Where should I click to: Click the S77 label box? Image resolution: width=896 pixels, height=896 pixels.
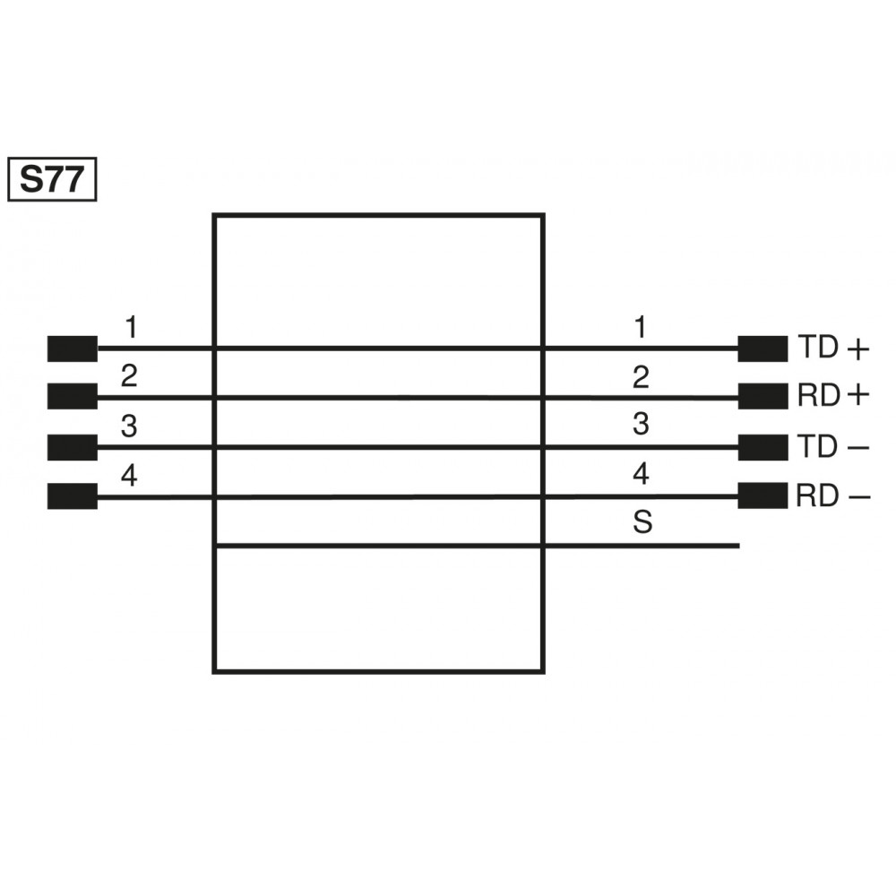point(51,179)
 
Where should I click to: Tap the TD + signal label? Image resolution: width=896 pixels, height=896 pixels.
point(833,349)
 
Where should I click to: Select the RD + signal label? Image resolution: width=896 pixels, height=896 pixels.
point(833,396)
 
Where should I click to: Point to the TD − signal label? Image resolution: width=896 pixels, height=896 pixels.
point(833,446)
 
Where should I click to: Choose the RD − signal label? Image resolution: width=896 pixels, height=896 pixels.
point(833,495)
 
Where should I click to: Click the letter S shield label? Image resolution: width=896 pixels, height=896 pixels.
point(642,523)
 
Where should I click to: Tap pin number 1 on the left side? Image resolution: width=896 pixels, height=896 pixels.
point(131,328)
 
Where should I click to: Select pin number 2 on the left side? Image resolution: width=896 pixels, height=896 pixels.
point(129,377)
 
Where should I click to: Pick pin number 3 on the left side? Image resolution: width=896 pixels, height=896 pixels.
point(129,427)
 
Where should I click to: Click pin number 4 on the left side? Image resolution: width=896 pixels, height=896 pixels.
point(129,477)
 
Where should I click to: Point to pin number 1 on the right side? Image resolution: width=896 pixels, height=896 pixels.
point(640,328)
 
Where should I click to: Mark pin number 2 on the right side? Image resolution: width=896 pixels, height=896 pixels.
point(640,377)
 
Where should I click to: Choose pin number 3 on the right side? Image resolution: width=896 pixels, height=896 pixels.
point(640,424)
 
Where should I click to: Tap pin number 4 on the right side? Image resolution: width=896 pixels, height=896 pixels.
point(640,474)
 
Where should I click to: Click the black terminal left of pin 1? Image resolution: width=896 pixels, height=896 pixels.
point(72,349)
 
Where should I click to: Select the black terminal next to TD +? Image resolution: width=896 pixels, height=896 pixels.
point(762,349)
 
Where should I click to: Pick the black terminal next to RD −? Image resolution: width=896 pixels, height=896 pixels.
point(762,495)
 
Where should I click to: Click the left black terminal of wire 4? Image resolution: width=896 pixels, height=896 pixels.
point(72,495)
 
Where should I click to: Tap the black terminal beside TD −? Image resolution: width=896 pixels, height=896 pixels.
point(762,446)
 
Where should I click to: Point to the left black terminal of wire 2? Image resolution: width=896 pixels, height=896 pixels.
point(72,396)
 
